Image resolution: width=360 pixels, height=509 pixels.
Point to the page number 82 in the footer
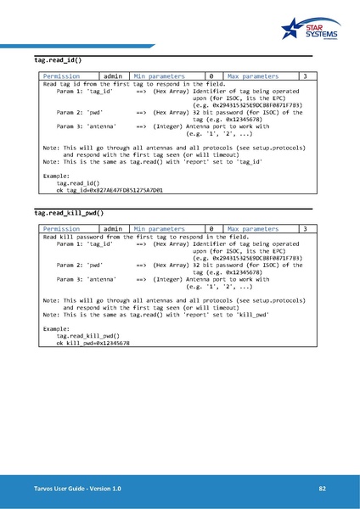(x=323, y=489)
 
